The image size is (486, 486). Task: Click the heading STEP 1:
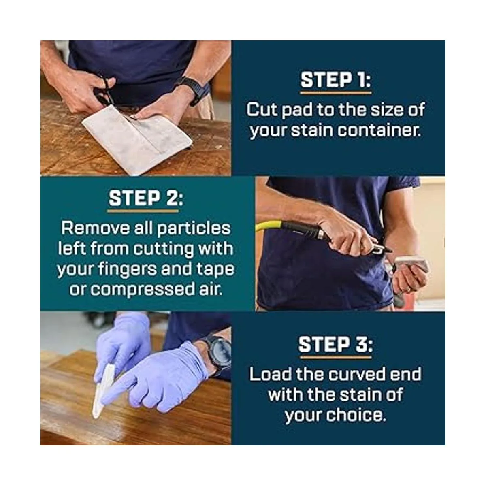(x=336, y=80)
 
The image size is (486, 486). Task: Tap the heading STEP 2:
(x=146, y=198)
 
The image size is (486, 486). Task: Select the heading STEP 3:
(x=336, y=344)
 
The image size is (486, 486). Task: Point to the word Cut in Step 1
(x=262, y=110)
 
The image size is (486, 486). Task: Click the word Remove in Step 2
(x=95, y=228)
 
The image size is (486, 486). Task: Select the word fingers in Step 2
(x=127, y=269)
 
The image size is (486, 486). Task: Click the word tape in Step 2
(x=215, y=269)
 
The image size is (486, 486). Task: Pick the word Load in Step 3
(x=270, y=374)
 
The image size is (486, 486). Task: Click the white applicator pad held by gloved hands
(x=103, y=393)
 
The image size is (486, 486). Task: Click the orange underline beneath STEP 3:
(x=336, y=357)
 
